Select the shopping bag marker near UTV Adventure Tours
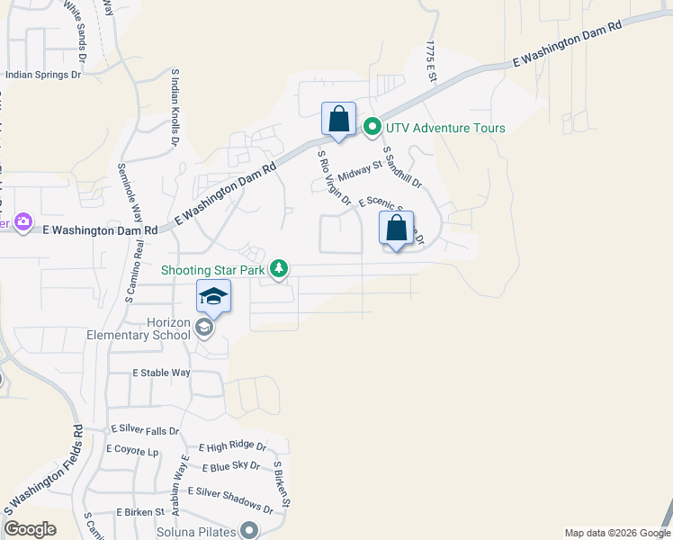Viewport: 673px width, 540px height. tap(338, 120)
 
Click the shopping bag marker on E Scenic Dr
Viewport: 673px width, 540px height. tap(397, 229)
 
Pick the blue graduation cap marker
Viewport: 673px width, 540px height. tap(213, 296)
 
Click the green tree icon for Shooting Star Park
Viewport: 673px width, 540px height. tap(280, 268)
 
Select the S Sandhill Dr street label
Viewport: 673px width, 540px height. tap(402, 167)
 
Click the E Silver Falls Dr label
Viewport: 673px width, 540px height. tap(145, 431)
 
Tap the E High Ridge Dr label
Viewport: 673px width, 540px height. tap(233, 446)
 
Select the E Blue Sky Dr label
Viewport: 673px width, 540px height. tap(230, 466)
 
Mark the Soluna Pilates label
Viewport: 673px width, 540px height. tap(197, 532)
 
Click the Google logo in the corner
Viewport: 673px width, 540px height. tap(30, 529)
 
